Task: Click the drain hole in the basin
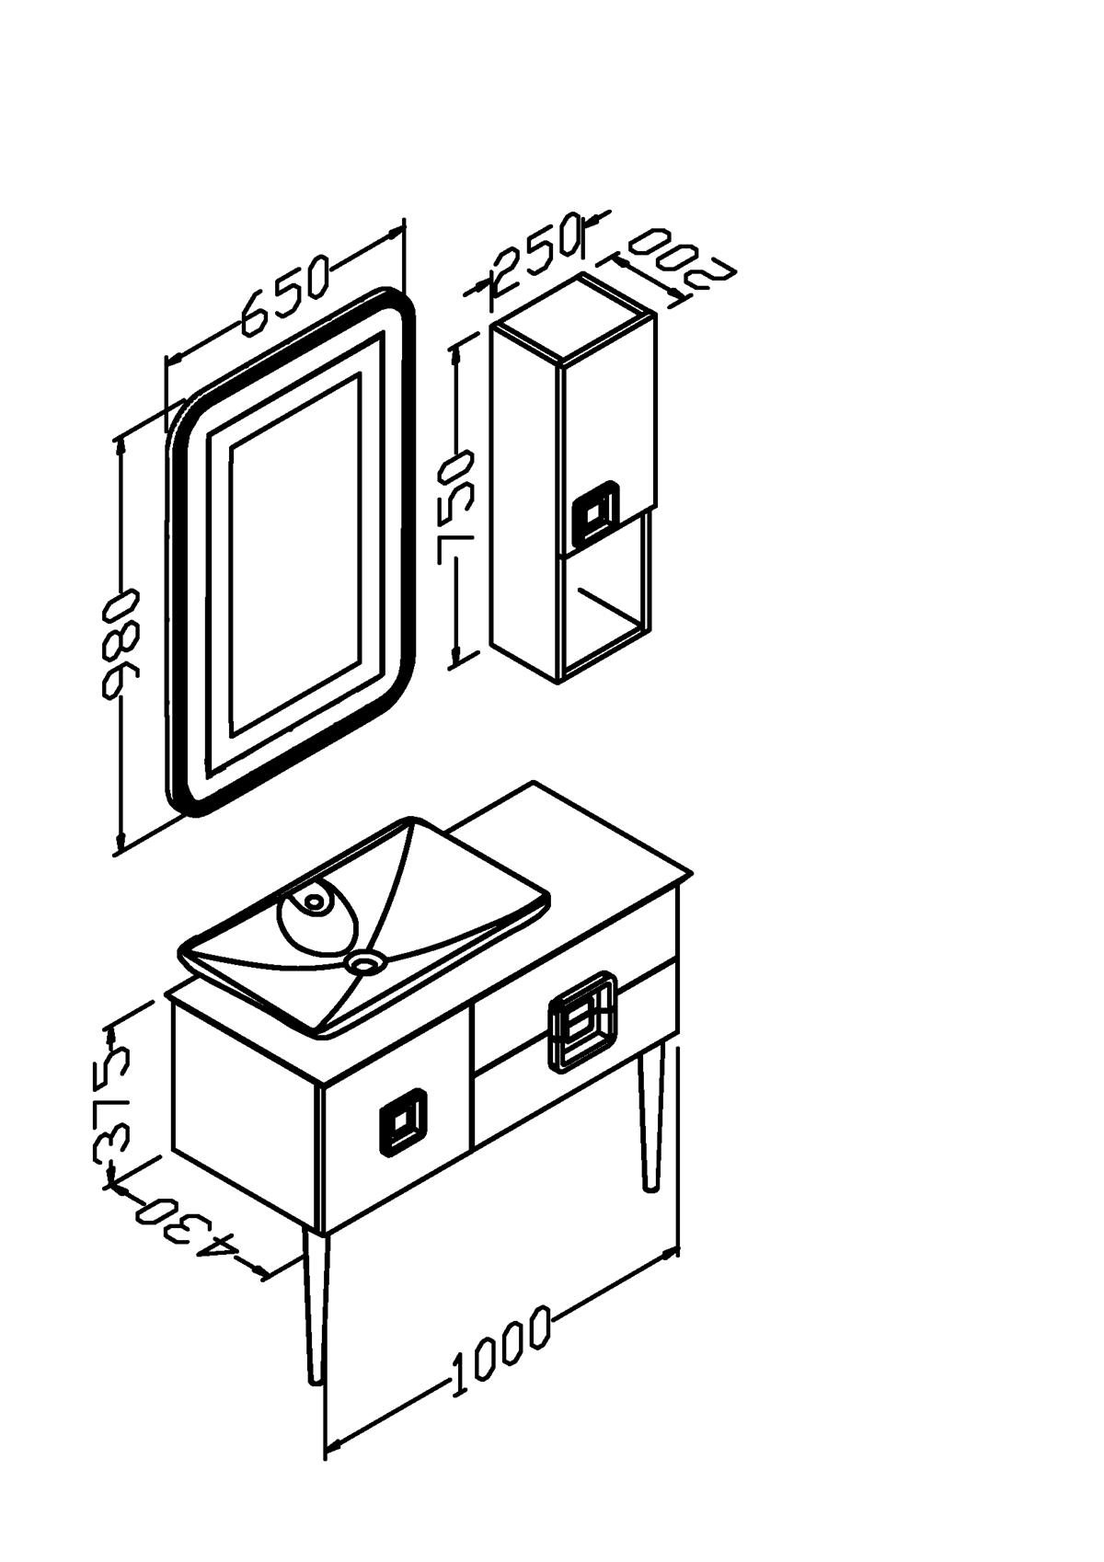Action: (363, 963)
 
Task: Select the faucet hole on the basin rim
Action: (315, 902)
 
